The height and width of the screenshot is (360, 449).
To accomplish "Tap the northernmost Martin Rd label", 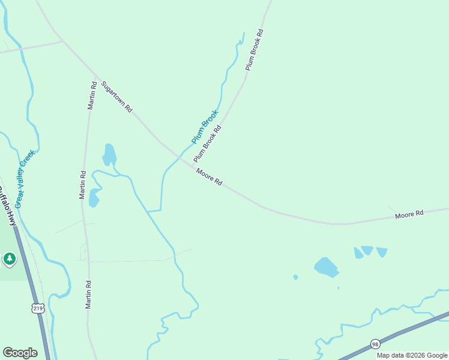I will (x=92, y=95).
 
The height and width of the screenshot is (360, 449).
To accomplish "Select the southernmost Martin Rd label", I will (x=88, y=294).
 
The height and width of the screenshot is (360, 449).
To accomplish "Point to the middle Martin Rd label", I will (x=83, y=185).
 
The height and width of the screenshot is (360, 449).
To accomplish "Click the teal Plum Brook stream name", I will (x=205, y=127).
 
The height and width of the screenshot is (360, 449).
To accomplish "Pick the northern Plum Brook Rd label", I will (x=255, y=50).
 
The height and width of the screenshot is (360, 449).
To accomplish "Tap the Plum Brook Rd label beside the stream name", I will (x=208, y=144).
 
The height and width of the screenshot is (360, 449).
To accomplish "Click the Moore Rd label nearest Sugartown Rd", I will (x=209, y=176).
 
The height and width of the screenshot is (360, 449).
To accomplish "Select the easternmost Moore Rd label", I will (x=409, y=214).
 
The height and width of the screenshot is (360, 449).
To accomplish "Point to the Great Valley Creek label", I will (x=25, y=179).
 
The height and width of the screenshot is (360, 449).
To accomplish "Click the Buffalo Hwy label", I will (x=7, y=206).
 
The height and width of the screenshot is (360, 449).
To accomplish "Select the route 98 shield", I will (x=375, y=344).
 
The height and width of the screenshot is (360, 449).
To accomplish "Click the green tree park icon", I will (x=9, y=259).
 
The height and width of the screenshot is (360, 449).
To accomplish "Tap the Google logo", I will (x=20, y=353).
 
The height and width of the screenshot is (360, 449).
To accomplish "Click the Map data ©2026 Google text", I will (x=412, y=355).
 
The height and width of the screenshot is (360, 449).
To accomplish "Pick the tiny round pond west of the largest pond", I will (x=295, y=277).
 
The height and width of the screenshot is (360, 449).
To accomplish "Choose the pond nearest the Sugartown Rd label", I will (x=109, y=154).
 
